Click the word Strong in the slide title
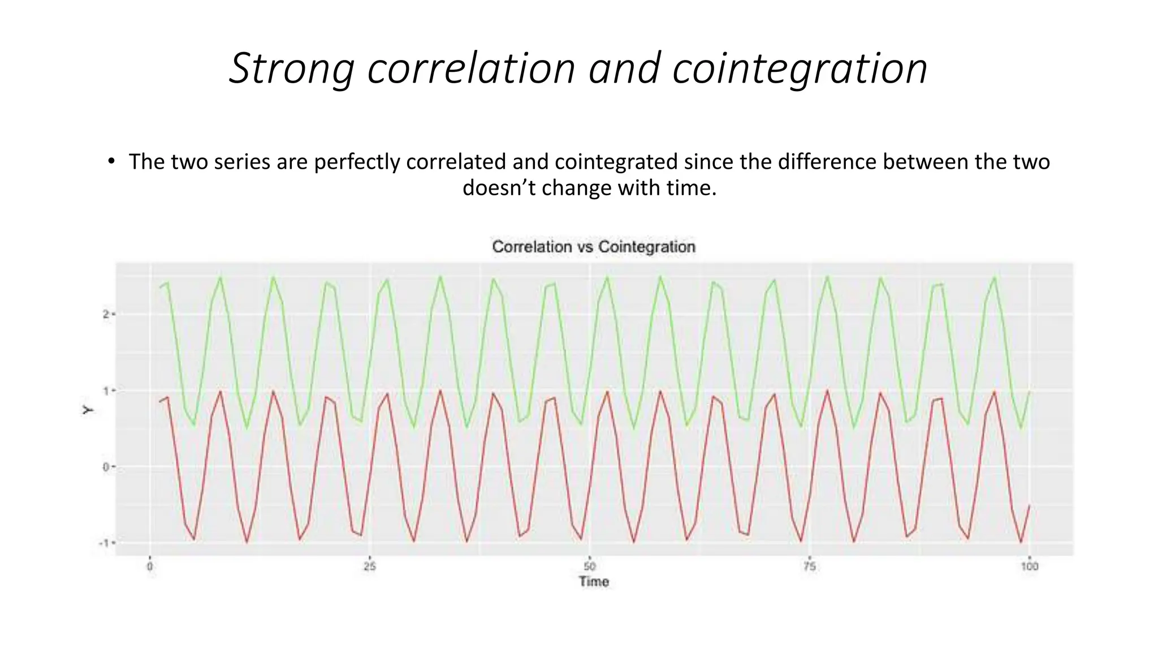point(291,69)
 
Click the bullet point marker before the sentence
point(111,162)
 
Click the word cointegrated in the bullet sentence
point(616,162)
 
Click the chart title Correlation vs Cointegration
point(593,247)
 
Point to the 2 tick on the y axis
point(106,314)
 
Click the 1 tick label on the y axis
point(106,391)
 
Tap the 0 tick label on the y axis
point(106,467)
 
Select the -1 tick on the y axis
point(104,543)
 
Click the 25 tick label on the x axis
point(369,567)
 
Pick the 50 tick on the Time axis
point(589,567)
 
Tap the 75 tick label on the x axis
point(809,567)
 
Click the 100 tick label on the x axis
point(1029,567)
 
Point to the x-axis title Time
point(593,582)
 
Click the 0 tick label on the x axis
point(150,567)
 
